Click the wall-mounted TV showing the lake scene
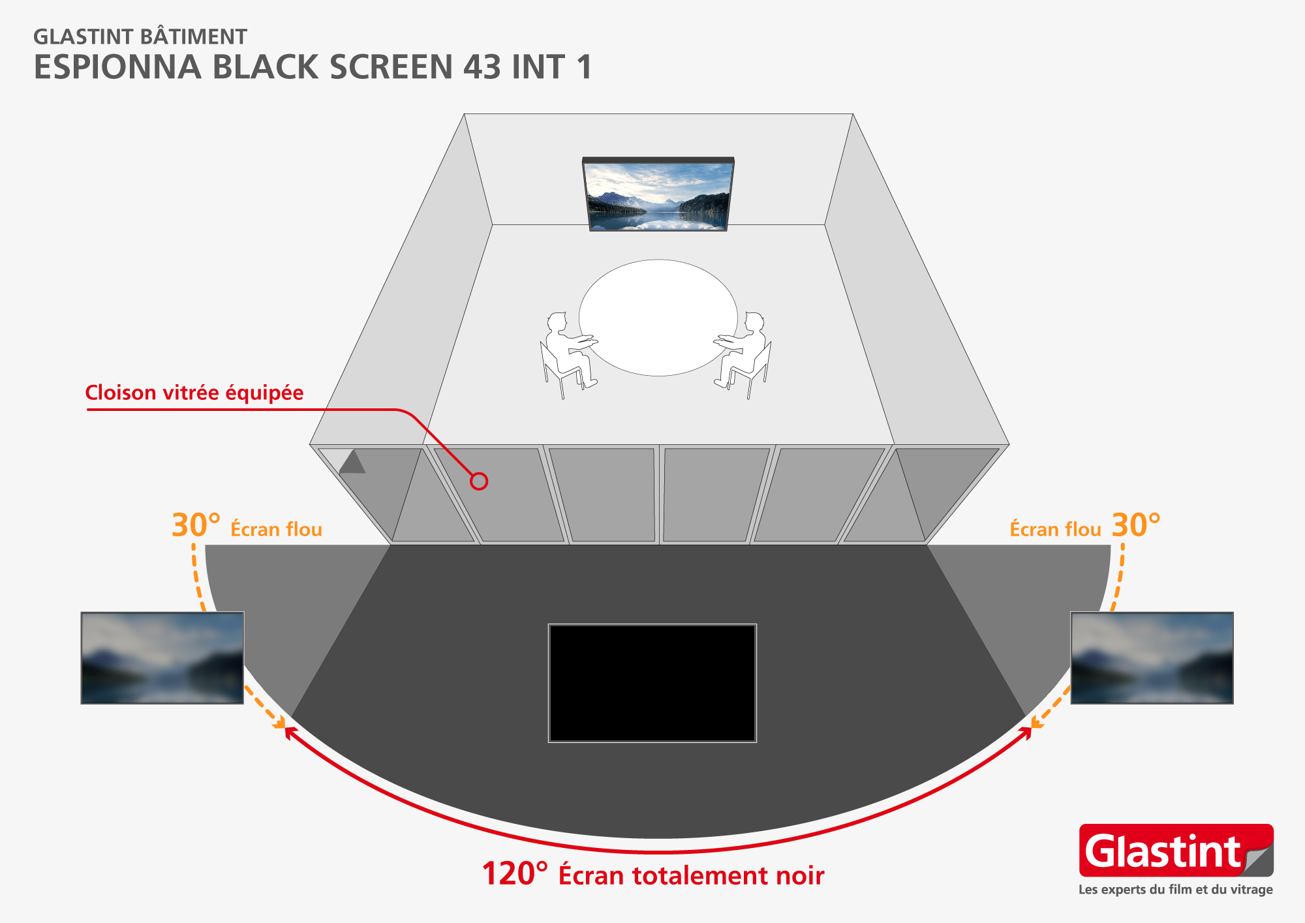coord(658,195)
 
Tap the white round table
coord(658,318)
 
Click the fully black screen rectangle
coord(652,683)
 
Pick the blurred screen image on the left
coord(162,658)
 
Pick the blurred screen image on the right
coord(1152,658)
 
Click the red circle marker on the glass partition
coord(479,481)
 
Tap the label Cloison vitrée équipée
coord(194,393)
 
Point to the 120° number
coord(515,874)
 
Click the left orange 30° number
coord(195,526)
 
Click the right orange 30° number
coord(1136,526)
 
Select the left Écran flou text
coord(276,529)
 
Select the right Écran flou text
coord(1055,529)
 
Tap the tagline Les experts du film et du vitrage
coord(1175,890)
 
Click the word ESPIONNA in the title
coord(117,67)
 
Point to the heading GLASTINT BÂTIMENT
coord(140,37)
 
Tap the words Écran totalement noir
coord(691,875)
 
